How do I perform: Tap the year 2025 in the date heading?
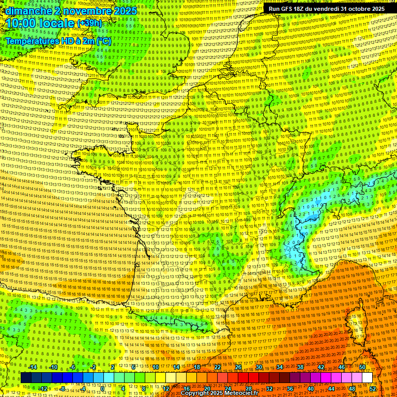(125, 10)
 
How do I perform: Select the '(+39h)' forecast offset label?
(90, 23)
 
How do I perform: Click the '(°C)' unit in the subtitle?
(103, 40)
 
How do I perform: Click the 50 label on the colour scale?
(362, 367)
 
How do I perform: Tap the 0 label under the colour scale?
(103, 388)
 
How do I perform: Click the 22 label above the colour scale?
(218, 367)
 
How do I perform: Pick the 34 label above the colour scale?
(280, 367)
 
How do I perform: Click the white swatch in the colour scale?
(367, 378)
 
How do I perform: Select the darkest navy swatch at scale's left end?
(26, 378)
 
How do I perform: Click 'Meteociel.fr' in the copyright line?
(244, 393)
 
